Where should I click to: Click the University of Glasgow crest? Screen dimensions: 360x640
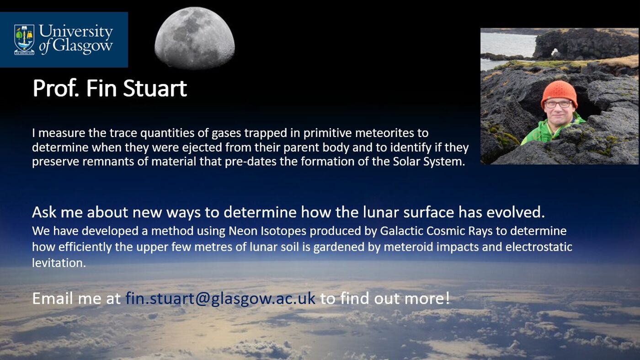24,39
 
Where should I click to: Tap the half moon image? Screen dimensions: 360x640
195,38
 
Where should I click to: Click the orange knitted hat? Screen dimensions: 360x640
559,91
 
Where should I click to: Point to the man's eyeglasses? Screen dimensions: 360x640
558,104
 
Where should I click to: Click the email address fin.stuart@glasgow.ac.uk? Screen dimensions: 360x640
220,298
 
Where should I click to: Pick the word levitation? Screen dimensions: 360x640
59,263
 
